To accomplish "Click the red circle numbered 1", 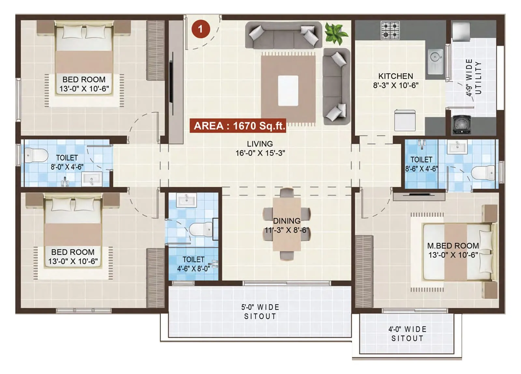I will coord(201,29).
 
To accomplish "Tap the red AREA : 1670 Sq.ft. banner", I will coord(238,126).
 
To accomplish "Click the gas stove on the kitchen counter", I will coord(390,30).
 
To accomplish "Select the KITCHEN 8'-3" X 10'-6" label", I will coord(396,80).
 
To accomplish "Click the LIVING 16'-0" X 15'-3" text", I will coord(260,148).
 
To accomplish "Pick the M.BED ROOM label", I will coord(453,250).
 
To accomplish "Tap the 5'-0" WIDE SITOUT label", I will coord(260,312).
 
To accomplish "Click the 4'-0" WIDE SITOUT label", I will coord(407,334).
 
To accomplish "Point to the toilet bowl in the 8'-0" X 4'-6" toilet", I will coord(36,155).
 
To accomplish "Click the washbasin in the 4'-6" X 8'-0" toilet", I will coord(187,200).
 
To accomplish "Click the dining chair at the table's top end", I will coord(287,193).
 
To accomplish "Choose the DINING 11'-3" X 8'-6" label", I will coord(287,225).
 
